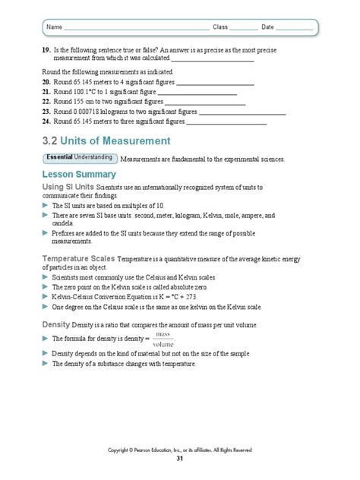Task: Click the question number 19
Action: tap(46, 49)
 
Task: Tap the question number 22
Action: tap(46, 100)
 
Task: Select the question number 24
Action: tap(46, 120)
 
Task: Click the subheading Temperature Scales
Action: tap(77, 259)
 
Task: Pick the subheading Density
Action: tap(55, 324)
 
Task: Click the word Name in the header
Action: tap(54, 27)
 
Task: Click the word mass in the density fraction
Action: tap(163, 333)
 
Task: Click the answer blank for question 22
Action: tap(204, 100)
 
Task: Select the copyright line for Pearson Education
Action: tap(180, 450)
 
